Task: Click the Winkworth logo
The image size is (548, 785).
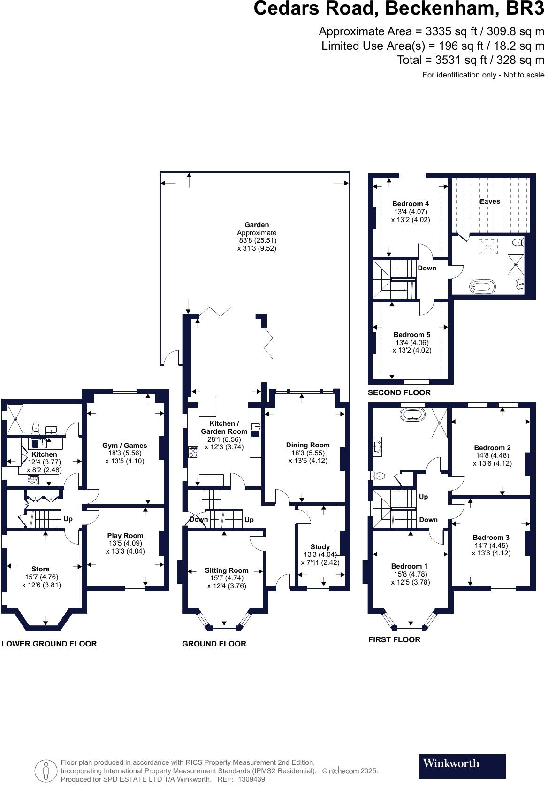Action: coord(462,763)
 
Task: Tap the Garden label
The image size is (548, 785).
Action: coord(257,225)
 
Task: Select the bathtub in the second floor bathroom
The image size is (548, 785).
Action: coord(482,286)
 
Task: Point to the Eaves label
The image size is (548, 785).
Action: coord(489,201)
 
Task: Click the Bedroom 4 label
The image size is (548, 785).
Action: coord(411,204)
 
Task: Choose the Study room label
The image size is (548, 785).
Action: coord(320,547)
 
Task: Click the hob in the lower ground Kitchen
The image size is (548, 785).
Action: coord(34,480)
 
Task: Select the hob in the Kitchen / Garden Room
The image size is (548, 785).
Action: coord(193,452)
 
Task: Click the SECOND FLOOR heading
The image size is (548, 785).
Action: coord(399,392)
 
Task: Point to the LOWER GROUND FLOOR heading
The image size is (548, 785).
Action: coord(49,644)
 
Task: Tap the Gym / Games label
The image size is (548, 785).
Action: coord(124,446)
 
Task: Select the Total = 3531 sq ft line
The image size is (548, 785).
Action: coord(470,60)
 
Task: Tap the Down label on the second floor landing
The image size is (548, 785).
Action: coord(426,268)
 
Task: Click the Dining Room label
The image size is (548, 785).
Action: coord(308,445)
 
